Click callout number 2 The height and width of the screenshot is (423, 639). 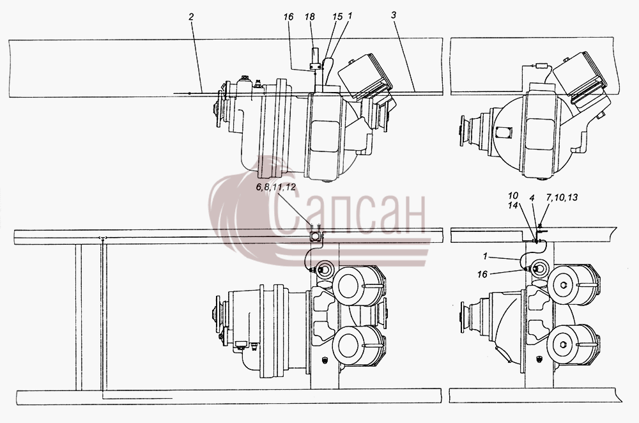coord(191,17)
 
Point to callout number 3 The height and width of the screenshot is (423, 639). coord(393,15)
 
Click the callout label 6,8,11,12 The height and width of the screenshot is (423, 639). coord(276,187)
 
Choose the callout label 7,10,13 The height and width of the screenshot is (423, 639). coord(562,197)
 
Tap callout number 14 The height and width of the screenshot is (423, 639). coord(512,205)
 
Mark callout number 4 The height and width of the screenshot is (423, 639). coord(532,197)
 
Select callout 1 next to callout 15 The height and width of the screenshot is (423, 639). coord(350,16)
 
